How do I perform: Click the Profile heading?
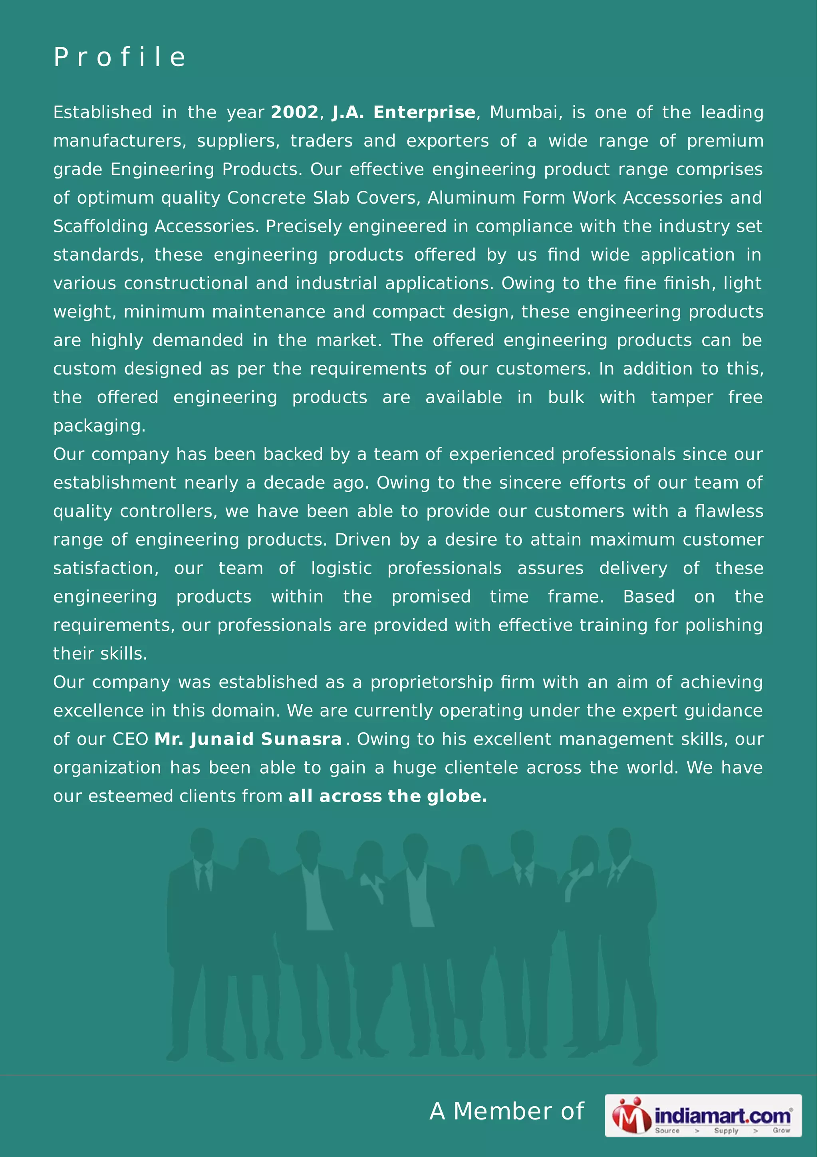pyautogui.click(x=120, y=57)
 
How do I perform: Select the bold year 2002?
pyautogui.click(x=295, y=112)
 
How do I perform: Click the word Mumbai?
pyautogui.click(x=526, y=112)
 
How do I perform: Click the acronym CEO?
pyautogui.click(x=130, y=739)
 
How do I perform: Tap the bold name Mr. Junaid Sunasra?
pyautogui.click(x=248, y=739)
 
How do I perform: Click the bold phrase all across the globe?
pyautogui.click(x=387, y=796)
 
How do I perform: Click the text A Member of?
pyautogui.click(x=506, y=1111)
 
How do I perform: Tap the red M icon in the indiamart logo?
pyautogui.click(x=631, y=1115)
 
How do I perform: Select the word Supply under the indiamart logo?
pyautogui.click(x=726, y=1131)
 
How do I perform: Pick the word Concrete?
pyautogui.click(x=266, y=198)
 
